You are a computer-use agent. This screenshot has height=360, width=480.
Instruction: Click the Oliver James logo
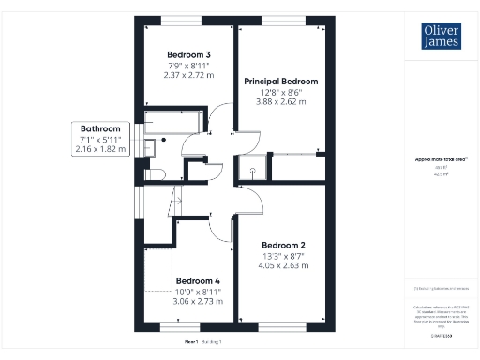coord(436,37)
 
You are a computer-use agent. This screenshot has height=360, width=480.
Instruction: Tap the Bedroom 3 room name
coord(189,54)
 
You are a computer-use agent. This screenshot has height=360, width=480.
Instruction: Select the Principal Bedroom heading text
coord(281,82)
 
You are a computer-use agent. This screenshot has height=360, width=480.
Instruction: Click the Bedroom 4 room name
coord(198,280)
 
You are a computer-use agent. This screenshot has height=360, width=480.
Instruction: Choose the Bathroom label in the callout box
coord(99,128)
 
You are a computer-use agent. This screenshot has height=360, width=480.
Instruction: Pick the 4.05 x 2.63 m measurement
coord(282,265)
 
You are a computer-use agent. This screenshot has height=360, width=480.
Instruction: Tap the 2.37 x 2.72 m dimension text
coord(189,75)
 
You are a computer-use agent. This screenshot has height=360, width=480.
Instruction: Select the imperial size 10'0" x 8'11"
coord(198,292)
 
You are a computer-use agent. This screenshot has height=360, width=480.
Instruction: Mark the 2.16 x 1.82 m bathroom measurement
coord(99,149)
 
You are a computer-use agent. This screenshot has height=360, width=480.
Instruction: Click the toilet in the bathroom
coord(157,172)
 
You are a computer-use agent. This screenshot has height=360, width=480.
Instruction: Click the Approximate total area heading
coord(435,160)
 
